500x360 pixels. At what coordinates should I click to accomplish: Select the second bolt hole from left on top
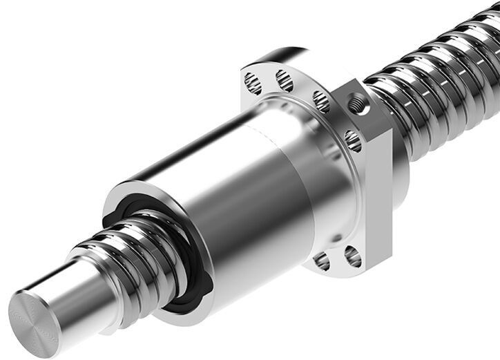(x=284, y=82)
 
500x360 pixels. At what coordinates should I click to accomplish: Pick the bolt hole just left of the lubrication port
(x=321, y=102)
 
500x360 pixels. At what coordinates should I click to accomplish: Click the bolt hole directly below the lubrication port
(x=352, y=142)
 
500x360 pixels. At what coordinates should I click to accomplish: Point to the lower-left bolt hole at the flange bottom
(x=320, y=260)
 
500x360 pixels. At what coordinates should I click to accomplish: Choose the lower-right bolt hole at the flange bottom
(x=352, y=257)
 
